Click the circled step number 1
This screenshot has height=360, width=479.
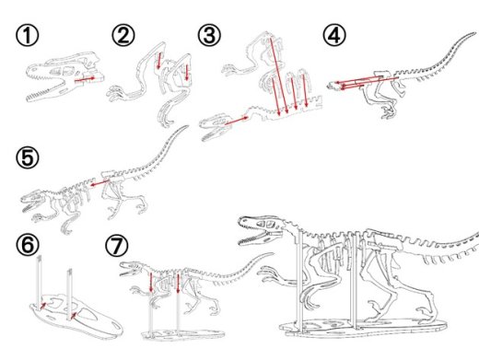pos(28,36)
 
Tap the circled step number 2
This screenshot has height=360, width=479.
pos(123,36)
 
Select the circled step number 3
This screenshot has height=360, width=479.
pos(209,36)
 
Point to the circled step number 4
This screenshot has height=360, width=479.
pos(334,36)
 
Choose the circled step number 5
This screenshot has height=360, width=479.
pos(28,157)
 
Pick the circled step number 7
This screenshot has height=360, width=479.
pos(117,246)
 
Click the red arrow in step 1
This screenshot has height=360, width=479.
pos(85,79)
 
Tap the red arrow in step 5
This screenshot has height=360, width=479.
pos(100,183)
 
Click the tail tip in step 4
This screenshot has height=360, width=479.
pos(475,33)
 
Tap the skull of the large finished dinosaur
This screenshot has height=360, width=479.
pos(261,229)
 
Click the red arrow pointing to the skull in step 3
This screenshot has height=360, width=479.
pos(236,121)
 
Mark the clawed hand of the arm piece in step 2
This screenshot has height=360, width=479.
pos(115,93)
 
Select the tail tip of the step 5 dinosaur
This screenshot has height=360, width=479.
pos(186,126)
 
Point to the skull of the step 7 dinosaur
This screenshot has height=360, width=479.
pos(132,268)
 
